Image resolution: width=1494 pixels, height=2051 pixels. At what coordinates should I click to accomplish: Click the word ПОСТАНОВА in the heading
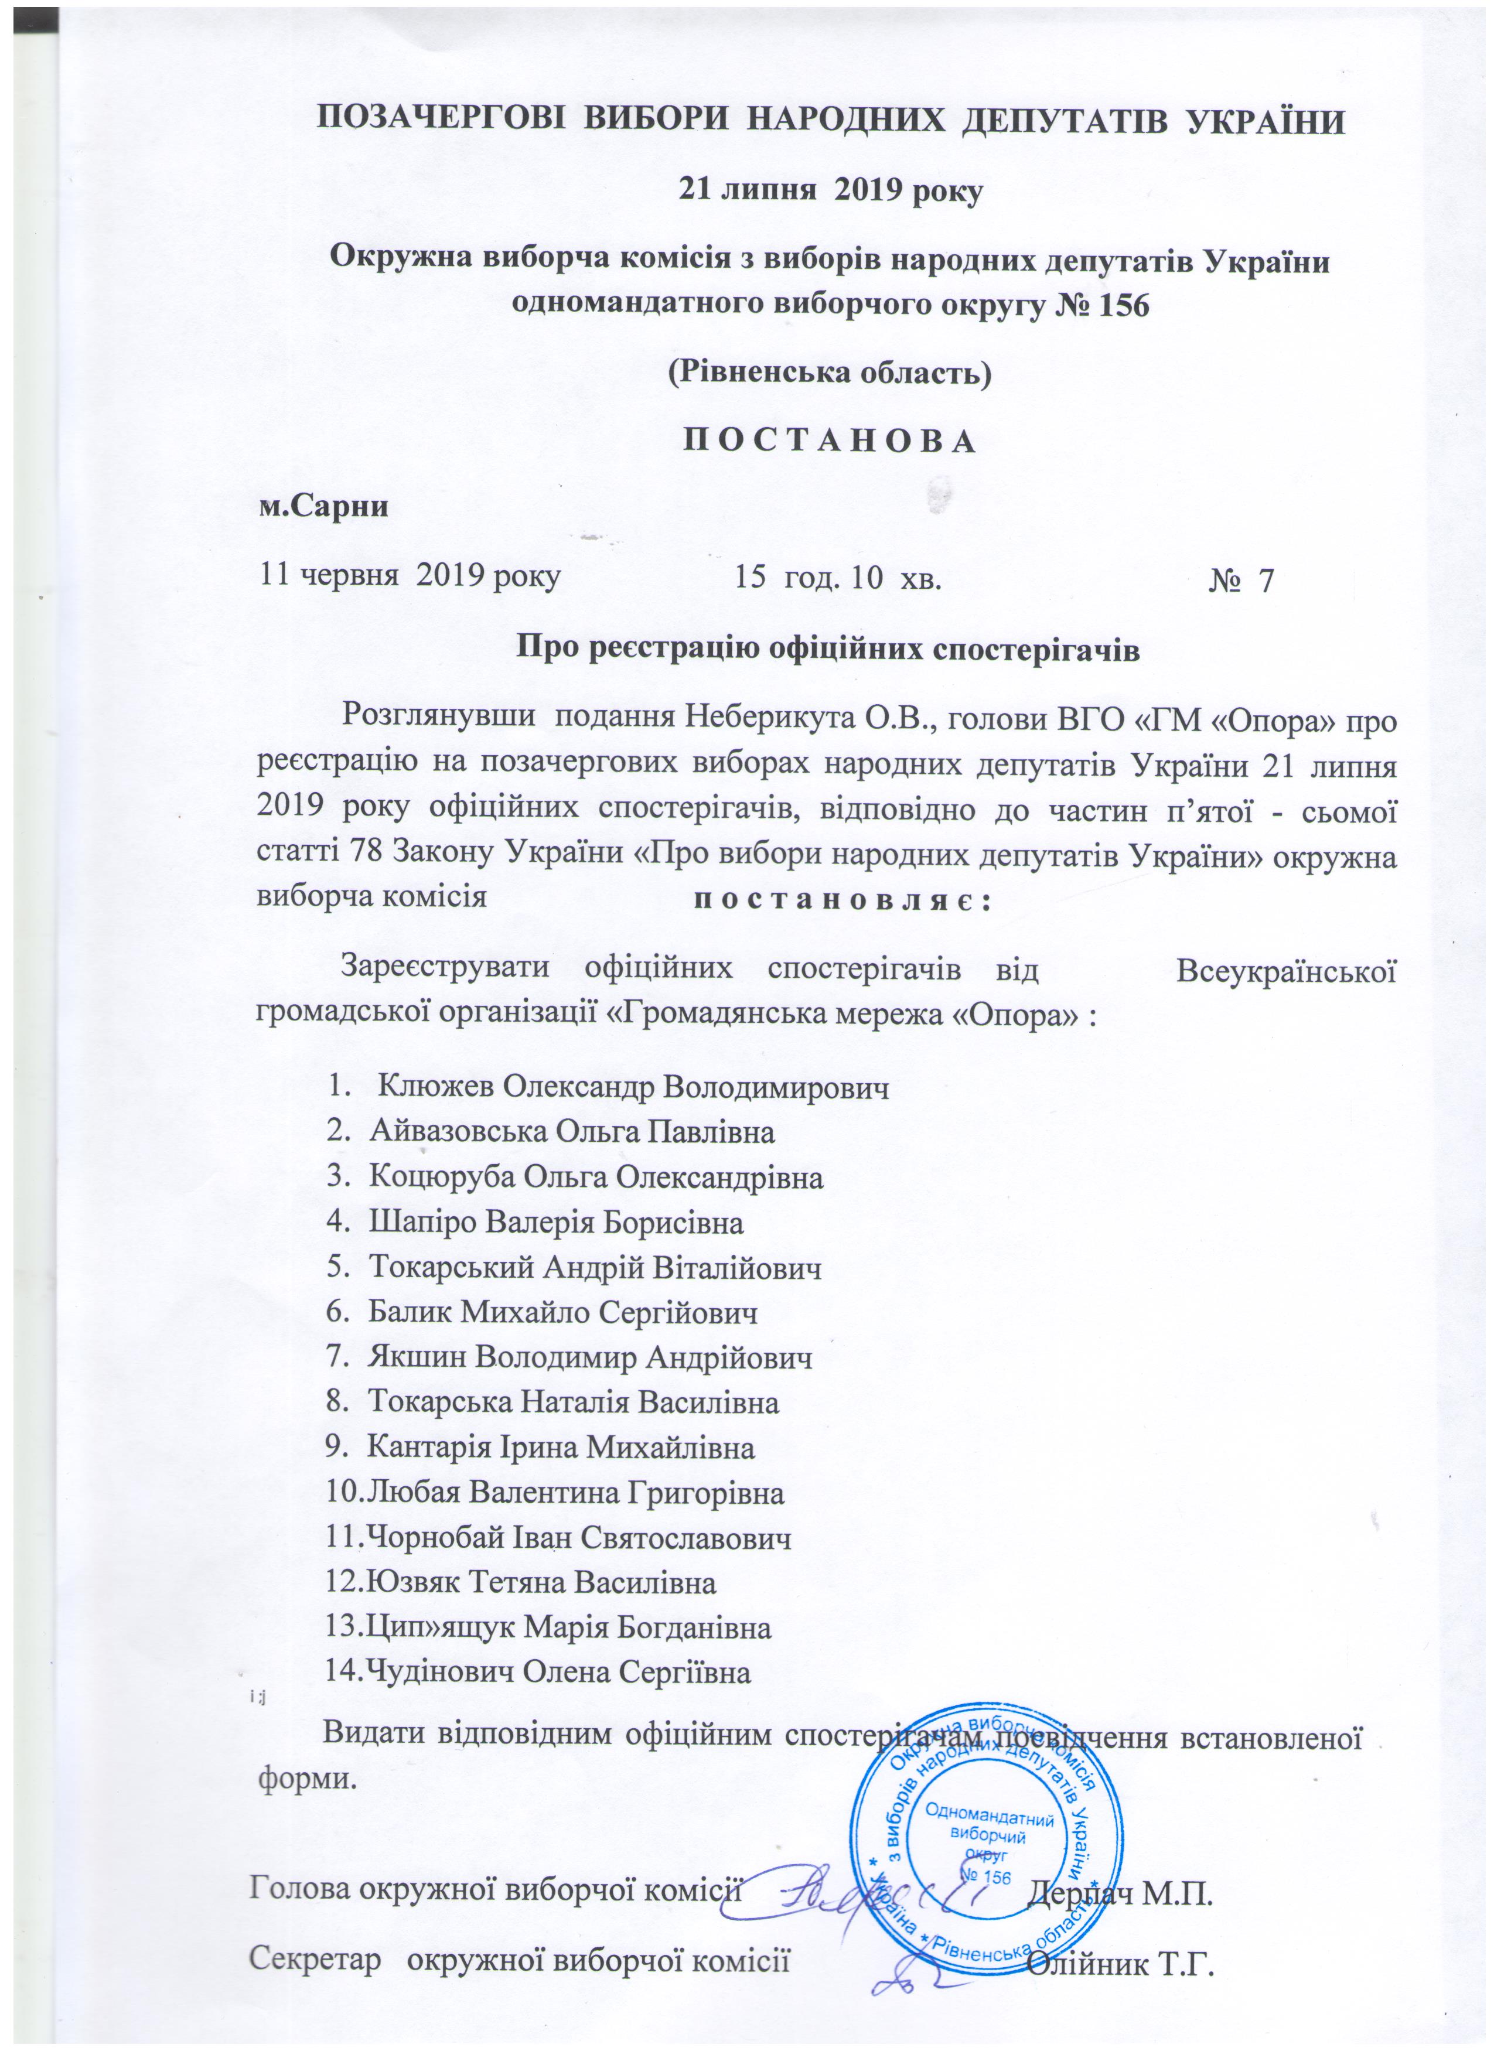829,441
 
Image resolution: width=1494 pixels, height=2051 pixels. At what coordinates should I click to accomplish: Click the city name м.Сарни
325,506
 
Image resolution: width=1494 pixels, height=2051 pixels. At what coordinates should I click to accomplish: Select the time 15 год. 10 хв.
838,578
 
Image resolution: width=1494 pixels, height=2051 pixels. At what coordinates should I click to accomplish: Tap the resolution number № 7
1241,579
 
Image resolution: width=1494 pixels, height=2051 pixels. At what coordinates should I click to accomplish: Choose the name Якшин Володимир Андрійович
589,1357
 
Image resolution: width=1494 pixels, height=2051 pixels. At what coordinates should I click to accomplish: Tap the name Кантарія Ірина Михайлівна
561,1448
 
